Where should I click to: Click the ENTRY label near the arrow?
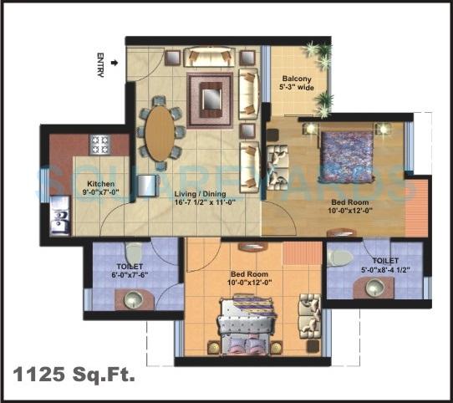[100, 66]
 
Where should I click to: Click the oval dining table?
[161, 130]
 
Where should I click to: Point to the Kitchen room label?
[100, 184]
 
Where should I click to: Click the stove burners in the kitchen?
[101, 144]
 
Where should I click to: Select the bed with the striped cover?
[247, 324]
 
